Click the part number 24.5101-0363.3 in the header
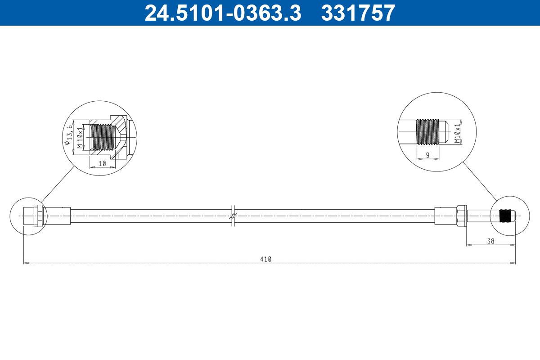(222, 13)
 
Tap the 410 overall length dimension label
(265, 259)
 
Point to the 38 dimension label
(490, 241)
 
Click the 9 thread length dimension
(427, 155)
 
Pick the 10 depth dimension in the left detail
(102, 164)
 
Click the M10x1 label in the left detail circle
(80, 137)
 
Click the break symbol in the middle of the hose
(233, 216)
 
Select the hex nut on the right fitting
(461, 216)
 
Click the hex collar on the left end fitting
(38, 216)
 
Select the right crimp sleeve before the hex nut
(445, 216)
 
